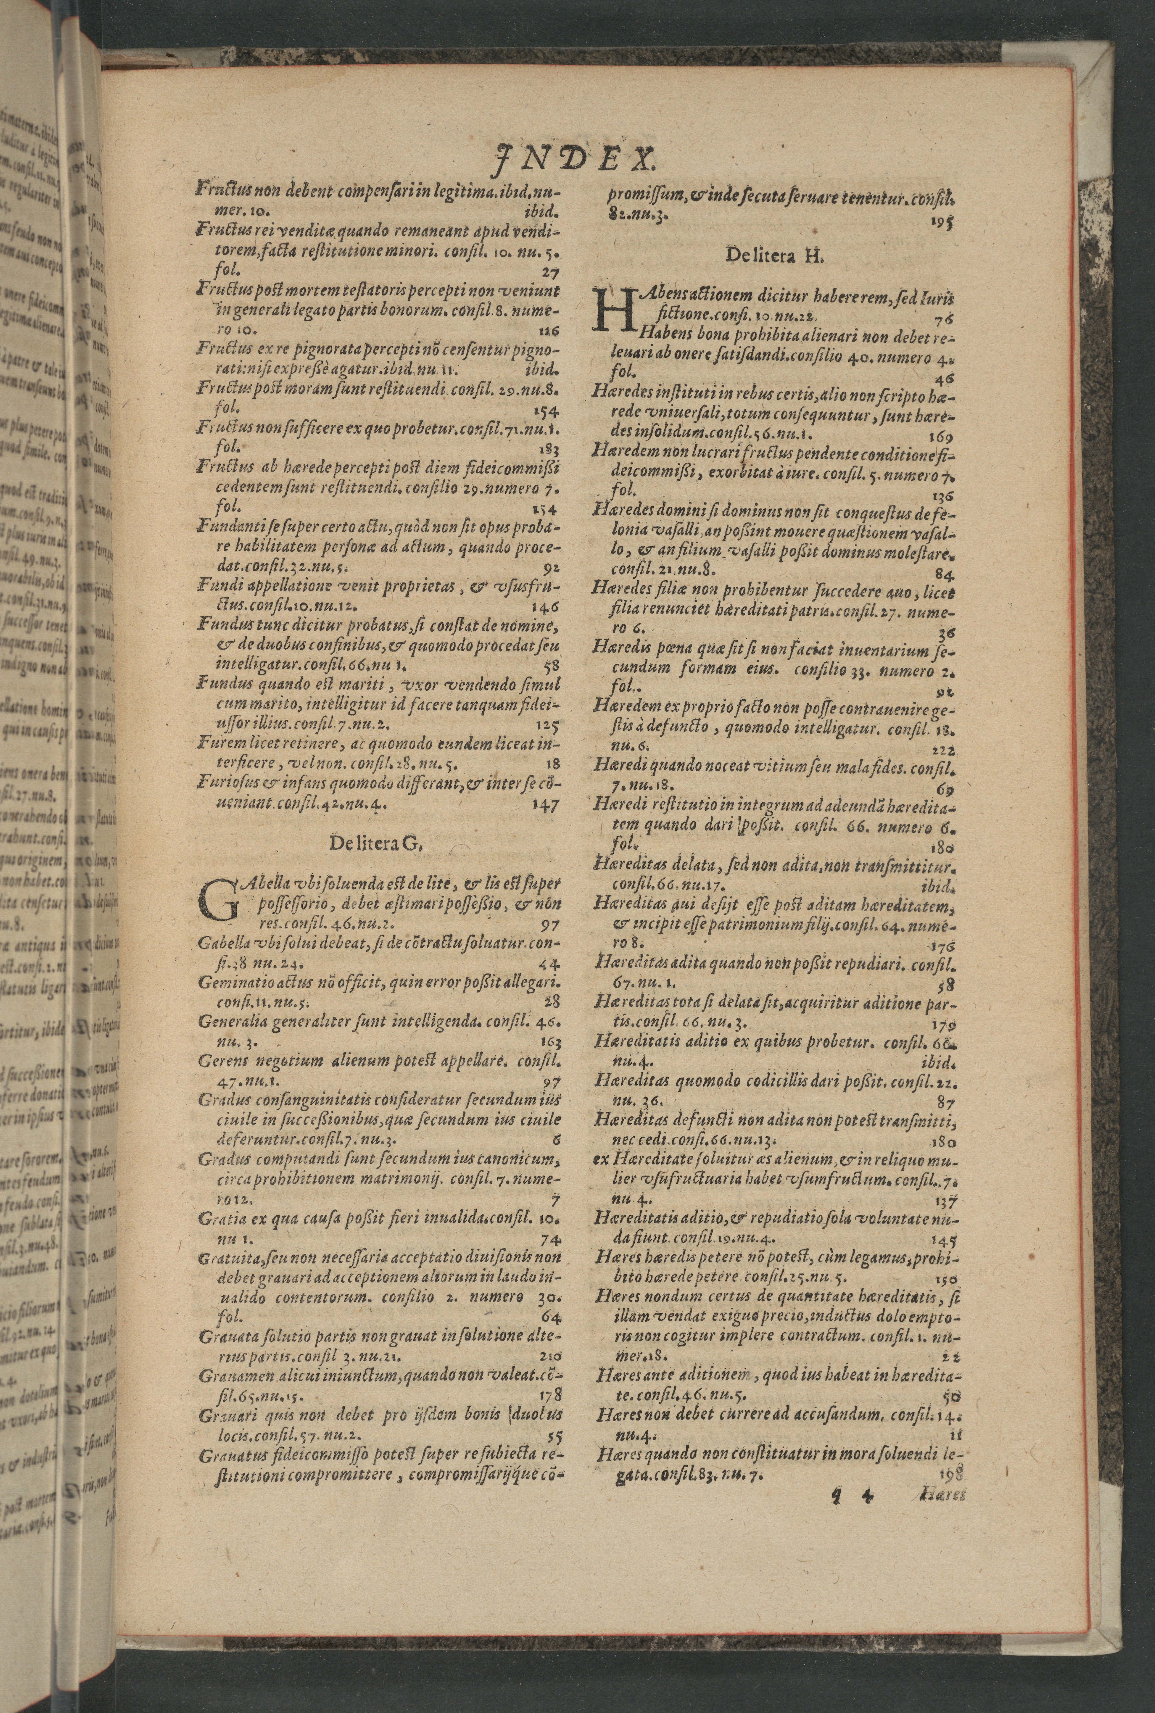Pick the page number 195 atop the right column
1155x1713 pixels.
click(x=941, y=222)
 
